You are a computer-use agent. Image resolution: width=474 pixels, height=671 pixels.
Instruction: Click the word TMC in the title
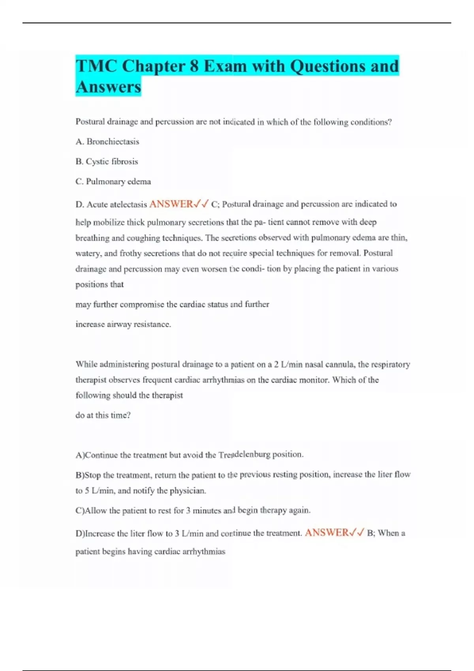coord(96,66)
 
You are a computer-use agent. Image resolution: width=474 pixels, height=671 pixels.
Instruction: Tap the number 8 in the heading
coord(194,66)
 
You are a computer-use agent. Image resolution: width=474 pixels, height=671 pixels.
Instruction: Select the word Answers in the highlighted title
coord(108,87)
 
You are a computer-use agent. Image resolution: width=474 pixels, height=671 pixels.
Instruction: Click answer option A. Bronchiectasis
coord(107,141)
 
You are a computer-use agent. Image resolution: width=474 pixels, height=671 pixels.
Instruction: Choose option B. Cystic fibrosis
coord(107,161)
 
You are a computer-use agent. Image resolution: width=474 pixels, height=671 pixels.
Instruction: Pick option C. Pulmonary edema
coord(113,182)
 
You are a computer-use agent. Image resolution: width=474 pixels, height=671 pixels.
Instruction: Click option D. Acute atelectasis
coord(111,204)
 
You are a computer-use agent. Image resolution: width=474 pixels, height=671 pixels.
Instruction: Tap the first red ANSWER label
coord(171,204)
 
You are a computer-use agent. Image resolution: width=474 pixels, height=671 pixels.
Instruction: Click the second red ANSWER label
coord(327,533)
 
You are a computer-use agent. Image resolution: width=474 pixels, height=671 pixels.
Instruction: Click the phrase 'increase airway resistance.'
coord(123,324)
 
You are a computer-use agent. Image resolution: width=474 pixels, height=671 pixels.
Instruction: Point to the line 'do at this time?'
coord(103,415)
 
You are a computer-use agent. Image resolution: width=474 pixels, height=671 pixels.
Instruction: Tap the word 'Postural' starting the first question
coord(90,122)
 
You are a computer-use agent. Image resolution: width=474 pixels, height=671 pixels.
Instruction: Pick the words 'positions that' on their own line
coord(100,285)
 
